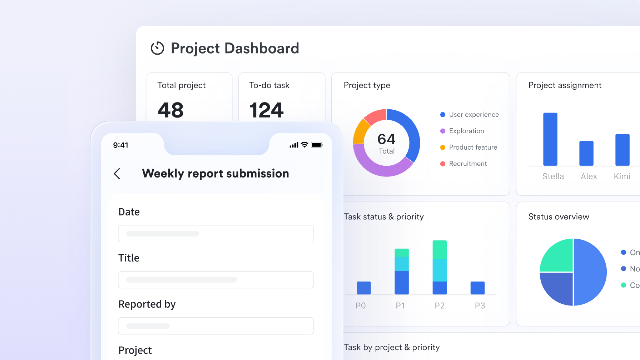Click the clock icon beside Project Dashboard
point(157,48)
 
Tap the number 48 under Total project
point(171,110)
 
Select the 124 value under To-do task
point(266,110)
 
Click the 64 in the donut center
point(386,139)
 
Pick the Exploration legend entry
point(466,131)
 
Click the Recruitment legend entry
point(467,164)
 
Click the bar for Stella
point(550,139)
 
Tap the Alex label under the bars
point(589,176)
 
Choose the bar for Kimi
point(622,150)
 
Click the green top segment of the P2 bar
point(439,249)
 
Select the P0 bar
point(364,288)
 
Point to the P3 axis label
point(480,306)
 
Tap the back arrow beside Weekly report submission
point(117,174)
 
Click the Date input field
point(216,234)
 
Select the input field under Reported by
point(216,326)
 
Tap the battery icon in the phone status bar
point(316,145)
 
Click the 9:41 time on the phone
point(121,145)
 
